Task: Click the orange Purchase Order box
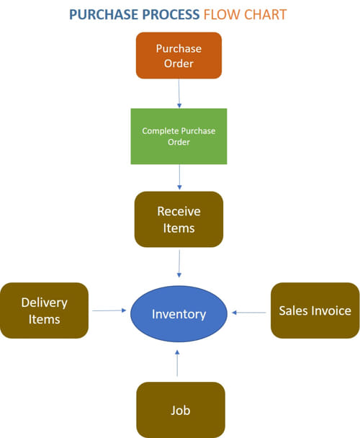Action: (179, 55)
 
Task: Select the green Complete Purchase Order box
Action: (179, 136)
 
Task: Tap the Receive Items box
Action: (179, 220)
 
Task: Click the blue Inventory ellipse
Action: (179, 313)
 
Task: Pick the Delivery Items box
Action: (44, 310)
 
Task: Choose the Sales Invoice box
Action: (315, 310)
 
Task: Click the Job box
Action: (180, 409)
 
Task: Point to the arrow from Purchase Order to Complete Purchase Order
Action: (179, 93)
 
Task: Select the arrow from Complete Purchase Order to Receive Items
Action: (179, 177)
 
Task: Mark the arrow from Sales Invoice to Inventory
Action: (250, 312)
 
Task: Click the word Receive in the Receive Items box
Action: (179, 212)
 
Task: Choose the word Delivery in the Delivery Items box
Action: (44, 303)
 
